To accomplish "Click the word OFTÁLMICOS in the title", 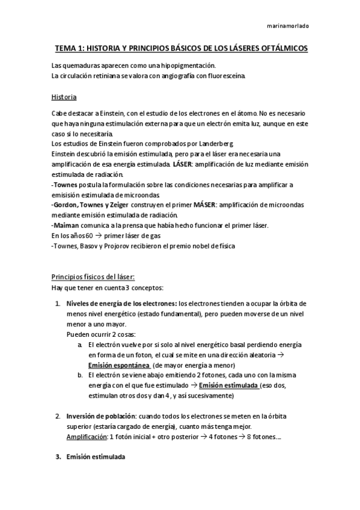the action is click(x=281, y=48).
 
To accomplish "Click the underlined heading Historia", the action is click(x=64, y=96).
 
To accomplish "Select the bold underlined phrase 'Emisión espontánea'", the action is click(x=119, y=365).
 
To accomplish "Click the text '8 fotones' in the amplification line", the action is click(x=262, y=437).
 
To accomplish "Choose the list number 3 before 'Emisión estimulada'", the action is click(x=58, y=457).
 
